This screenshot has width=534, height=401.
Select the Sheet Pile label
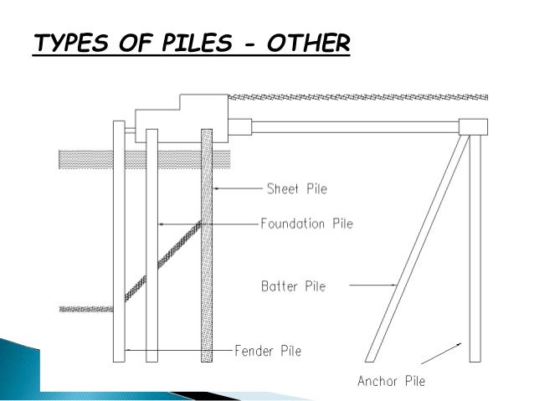[295, 188]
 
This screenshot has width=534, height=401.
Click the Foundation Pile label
[306, 224]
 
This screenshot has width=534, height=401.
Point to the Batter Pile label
[292, 286]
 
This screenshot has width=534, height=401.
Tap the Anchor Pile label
[391, 382]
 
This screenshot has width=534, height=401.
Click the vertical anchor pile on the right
[475, 251]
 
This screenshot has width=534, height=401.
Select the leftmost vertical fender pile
[119, 251]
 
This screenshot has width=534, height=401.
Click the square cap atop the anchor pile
[473, 126]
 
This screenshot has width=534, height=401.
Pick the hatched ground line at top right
[360, 95]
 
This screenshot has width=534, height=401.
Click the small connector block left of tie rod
[239, 126]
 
